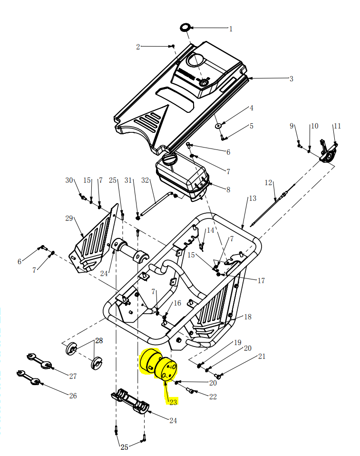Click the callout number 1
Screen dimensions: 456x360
(231, 29)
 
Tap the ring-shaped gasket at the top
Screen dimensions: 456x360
(185, 27)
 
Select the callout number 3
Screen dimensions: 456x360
(291, 79)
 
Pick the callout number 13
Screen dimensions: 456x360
(252, 198)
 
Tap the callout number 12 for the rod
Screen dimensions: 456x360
(268, 183)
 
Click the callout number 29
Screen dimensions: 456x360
(69, 218)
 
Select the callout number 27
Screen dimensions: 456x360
(73, 377)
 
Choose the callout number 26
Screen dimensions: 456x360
(73, 396)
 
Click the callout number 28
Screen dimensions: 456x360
(99, 341)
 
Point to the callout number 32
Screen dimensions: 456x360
(145, 181)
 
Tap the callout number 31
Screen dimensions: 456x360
(128, 181)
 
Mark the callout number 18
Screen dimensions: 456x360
(247, 317)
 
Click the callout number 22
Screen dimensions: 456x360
(213, 397)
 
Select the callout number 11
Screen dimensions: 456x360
(337, 126)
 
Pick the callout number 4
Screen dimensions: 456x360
(252, 109)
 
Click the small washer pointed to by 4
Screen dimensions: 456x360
(218, 126)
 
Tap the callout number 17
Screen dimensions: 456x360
(261, 281)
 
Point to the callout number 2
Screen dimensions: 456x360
(138, 47)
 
